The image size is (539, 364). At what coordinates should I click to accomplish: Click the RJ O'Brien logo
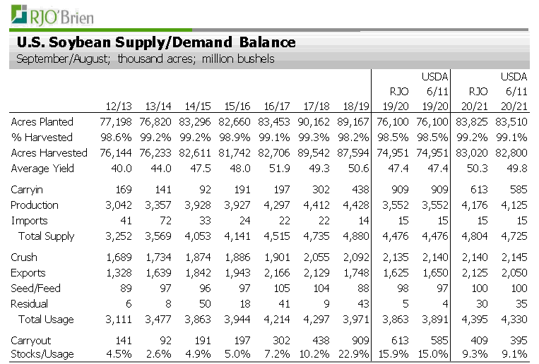click(52, 16)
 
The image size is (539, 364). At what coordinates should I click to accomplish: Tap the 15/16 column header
click(237, 106)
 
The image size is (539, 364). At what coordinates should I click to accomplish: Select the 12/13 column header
click(119, 106)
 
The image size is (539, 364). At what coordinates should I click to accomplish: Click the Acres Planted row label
click(42, 122)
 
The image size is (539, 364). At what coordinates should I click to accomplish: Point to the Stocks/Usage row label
click(42, 354)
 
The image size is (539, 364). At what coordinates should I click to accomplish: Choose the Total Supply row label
click(47, 236)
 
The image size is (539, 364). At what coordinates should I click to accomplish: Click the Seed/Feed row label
click(35, 288)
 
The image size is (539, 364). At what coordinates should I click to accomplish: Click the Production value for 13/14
click(158, 205)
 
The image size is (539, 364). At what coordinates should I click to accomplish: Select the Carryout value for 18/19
click(360, 340)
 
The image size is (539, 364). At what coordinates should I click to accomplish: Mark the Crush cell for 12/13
click(119, 257)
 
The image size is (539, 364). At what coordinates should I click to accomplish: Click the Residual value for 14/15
click(206, 304)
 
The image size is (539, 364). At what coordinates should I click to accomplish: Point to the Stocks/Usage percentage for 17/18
click(314, 353)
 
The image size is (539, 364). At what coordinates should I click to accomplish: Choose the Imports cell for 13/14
click(166, 221)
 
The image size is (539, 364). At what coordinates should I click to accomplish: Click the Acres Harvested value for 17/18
click(314, 153)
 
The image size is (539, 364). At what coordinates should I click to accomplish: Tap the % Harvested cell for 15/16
click(235, 138)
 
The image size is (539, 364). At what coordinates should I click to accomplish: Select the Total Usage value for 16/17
click(277, 320)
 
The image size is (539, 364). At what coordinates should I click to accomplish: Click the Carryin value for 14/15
click(205, 190)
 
